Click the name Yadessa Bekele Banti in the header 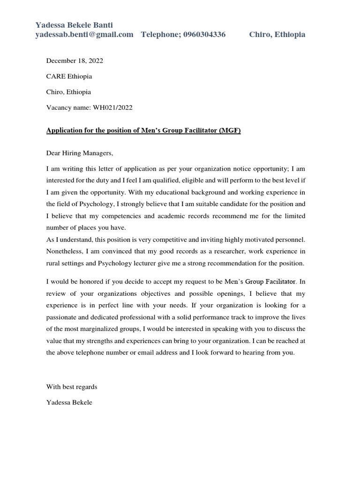coord(75,25)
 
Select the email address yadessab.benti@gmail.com coord(84,35)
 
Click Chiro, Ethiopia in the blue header coord(277,35)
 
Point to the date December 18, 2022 coord(75,60)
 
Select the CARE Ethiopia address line coord(69,76)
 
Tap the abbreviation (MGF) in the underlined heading coord(229,131)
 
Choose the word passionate coord(63,317)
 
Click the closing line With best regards coord(72,387)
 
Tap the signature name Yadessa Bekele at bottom coord(69,402)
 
